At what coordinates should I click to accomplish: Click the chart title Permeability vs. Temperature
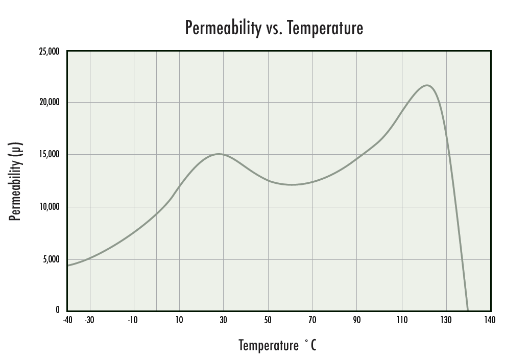click(274, 28)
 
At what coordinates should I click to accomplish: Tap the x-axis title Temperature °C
click(277, 345)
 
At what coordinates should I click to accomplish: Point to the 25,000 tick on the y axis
click(49, 52)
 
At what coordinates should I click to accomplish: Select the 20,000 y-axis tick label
click(49, 102)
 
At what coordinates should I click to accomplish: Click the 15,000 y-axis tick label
click(49, 154)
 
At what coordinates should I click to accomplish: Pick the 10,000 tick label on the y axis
click(49, 207)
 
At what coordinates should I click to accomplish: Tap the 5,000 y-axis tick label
click(51, 259)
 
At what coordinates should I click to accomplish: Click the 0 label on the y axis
click(57, 309)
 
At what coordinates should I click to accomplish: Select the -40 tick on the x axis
click(67, 320)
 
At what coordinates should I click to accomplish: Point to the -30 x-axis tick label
click(90, 320)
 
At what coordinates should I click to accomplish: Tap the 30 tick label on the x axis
click(223, 320)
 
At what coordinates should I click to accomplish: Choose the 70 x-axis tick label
click(312, 320)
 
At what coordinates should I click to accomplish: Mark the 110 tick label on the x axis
click(401, 320)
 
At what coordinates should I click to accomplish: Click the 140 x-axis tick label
click(490, 320)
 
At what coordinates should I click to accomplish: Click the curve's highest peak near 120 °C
click(427, 85)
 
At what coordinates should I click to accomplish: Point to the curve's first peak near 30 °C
click(219, 154)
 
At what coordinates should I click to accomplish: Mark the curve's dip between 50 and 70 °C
click(291, 184)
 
